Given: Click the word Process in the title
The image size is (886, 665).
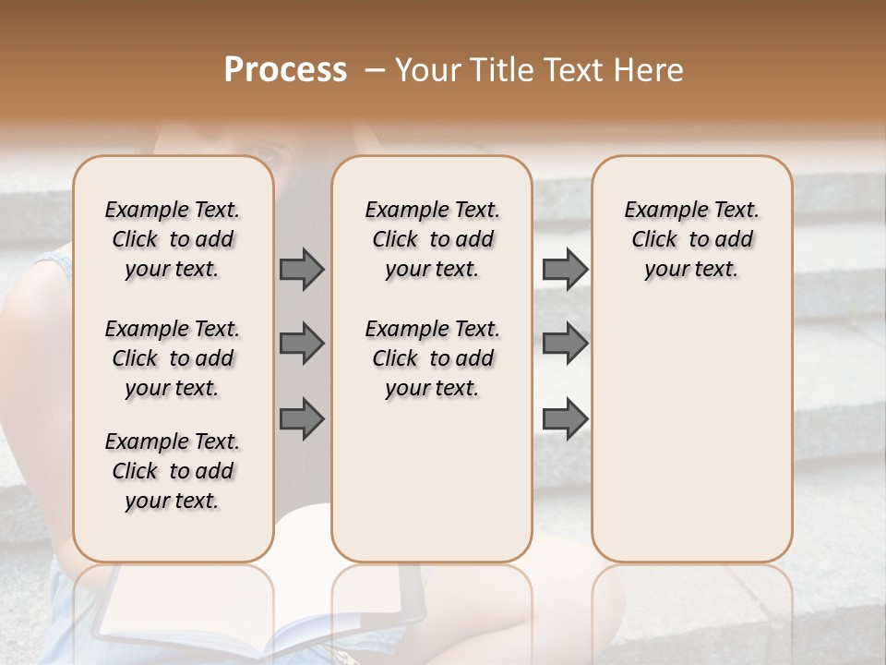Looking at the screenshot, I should point(285,70).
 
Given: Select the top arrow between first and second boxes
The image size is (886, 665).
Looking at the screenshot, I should point(302,269).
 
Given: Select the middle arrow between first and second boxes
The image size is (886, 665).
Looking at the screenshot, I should point(302,344).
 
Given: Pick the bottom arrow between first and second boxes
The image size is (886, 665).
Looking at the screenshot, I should point(302,419).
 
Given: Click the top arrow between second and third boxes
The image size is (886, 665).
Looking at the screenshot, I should point(565,269).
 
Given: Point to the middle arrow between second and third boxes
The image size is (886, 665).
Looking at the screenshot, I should point(565,344).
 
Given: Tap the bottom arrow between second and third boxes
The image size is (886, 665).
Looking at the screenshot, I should point(565,419).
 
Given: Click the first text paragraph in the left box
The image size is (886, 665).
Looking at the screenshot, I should point(173,239).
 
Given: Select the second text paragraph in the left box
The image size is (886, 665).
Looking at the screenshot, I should point(173,358).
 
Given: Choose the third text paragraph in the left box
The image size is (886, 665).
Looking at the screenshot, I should point(173,471).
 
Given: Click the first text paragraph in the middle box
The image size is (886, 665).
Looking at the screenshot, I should point(432,239).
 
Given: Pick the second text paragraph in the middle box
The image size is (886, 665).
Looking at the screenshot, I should point(432,358).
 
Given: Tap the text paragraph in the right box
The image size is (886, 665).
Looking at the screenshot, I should point(691,239).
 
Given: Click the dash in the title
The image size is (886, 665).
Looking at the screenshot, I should point(375,70).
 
